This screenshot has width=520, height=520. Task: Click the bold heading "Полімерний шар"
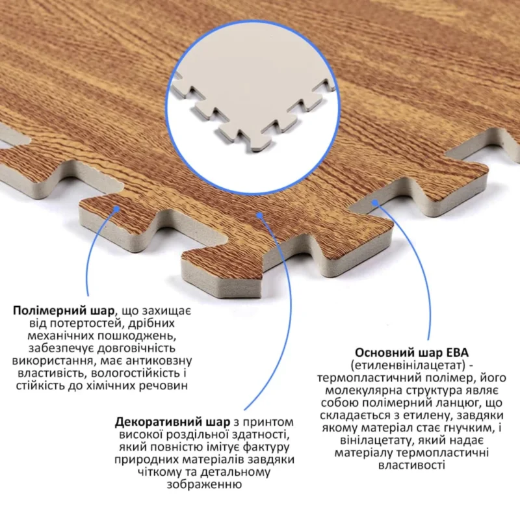(63, 311)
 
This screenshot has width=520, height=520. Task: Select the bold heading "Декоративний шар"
(172, 422)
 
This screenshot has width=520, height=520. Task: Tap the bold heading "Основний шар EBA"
(411, 352)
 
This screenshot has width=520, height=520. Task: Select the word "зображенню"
(204, 485)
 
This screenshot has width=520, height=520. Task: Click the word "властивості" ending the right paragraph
(411, 465)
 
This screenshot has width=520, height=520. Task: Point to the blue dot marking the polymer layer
(116, 208)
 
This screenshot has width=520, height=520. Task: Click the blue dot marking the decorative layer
(260, 215)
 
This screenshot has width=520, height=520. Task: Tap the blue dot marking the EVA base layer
(375, 202)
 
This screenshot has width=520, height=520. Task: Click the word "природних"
(147, 460)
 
